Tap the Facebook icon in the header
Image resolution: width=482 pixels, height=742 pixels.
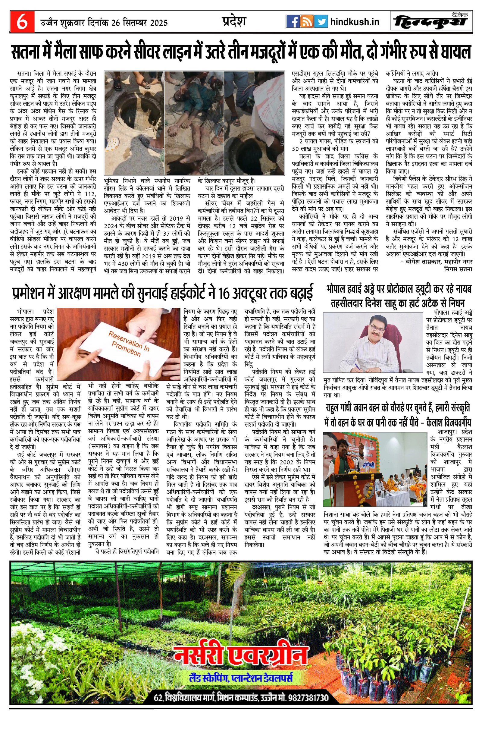[293, 22]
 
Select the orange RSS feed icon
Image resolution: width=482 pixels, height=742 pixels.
[307, 22]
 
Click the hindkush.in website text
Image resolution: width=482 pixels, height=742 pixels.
[355, 22]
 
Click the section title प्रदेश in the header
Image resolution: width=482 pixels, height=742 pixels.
[234, 21]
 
